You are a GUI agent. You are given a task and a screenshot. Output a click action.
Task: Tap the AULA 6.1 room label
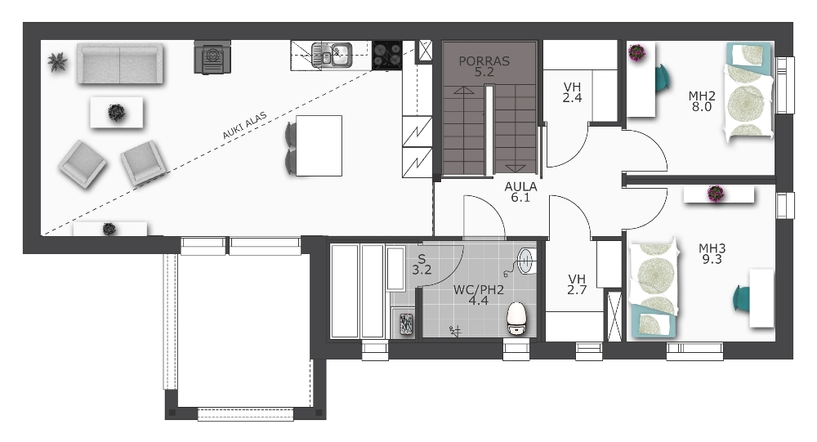pyautogui.click(x=520, y=192)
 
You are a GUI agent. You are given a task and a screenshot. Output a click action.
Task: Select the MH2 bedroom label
pyautogui.click(x=702, y=101)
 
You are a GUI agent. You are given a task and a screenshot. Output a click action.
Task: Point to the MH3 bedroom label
pyautogui.click(x=712, y=253)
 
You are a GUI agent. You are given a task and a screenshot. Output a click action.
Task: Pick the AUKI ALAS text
pyautogui.click(x=244, y=126)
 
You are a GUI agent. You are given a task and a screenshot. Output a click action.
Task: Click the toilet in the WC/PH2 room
pyautogui.click(x=517, y=318)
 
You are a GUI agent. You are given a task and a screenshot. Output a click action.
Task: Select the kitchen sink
pyautogui.click(x=332, y=54)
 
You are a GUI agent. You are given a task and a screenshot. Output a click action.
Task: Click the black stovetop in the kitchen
pyautogui.click(x=387, y=55)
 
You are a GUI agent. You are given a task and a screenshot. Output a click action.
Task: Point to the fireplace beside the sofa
pyautogui.click(x=212, y=57)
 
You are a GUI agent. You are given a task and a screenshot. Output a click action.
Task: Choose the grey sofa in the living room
pyautogui.click(x=120, y=63)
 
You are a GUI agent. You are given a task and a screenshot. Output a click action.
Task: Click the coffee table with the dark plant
pyautogui.click(x=116, y=112)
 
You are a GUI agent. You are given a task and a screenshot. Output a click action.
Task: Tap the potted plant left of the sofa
pyautogui.click(x=57, y=61)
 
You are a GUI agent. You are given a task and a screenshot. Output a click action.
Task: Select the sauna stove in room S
pyautogui.click(x=405, y=324)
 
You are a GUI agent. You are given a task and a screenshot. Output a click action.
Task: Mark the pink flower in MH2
pyautogui.click(x=636, y=52)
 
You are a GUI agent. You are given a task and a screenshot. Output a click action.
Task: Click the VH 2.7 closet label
pyautogui.click(x=577, y=284)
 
